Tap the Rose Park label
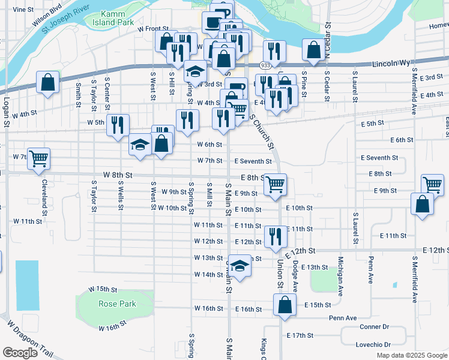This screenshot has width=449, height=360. click(118, 304)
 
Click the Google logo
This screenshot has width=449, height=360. click(20, 352)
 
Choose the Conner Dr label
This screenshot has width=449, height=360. click(375, 327)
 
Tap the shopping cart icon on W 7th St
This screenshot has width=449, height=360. click(38, 158)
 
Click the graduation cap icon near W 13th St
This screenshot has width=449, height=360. click(240, 265)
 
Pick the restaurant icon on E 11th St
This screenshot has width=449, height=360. click(275, 235)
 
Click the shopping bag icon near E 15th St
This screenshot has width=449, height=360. click(285, 304)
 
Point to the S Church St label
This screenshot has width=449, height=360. click(262, 132)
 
